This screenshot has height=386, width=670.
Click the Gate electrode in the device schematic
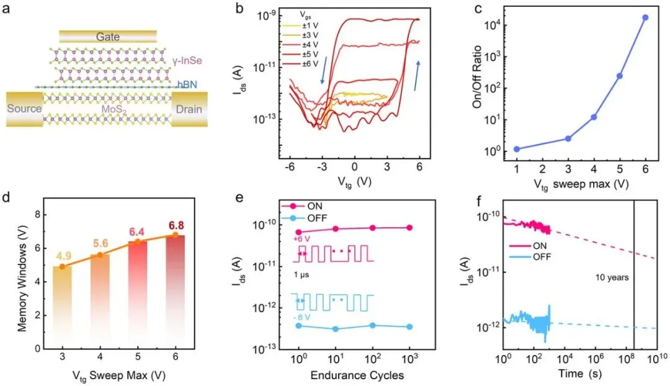tap(107, 37)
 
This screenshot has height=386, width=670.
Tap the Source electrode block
tap(24, 109)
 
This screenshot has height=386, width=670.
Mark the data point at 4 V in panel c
tap(594, 117)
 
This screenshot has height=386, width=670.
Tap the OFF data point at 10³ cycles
tap(410, 326)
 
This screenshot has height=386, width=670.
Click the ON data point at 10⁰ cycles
tap(298, 232)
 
